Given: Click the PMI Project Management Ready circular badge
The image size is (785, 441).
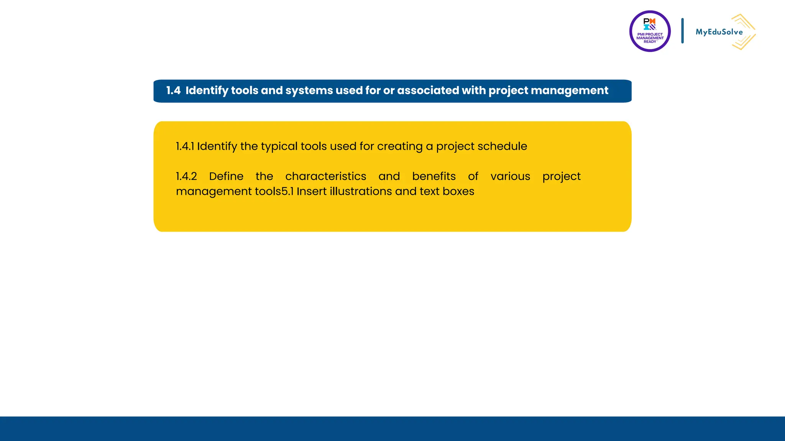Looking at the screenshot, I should coord(650,31).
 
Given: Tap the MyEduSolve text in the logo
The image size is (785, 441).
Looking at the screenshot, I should coord(719,32).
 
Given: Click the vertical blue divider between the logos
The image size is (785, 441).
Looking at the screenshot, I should coord(682,31).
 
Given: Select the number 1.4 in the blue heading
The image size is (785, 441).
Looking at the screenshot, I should coord(173,91).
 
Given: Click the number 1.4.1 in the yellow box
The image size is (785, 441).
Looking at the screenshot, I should coord(185,146).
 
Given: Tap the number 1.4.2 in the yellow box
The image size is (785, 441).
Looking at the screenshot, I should coord(186,176).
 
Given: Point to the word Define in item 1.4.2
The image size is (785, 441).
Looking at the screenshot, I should coord(226,176).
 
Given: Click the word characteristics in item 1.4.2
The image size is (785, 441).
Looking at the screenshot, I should coord(326,176).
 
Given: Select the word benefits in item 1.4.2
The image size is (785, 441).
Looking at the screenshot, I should coord(434,176).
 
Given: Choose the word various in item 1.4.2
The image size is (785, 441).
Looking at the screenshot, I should coord(510,176).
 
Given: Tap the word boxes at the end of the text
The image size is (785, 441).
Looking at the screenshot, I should coord(458,191).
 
